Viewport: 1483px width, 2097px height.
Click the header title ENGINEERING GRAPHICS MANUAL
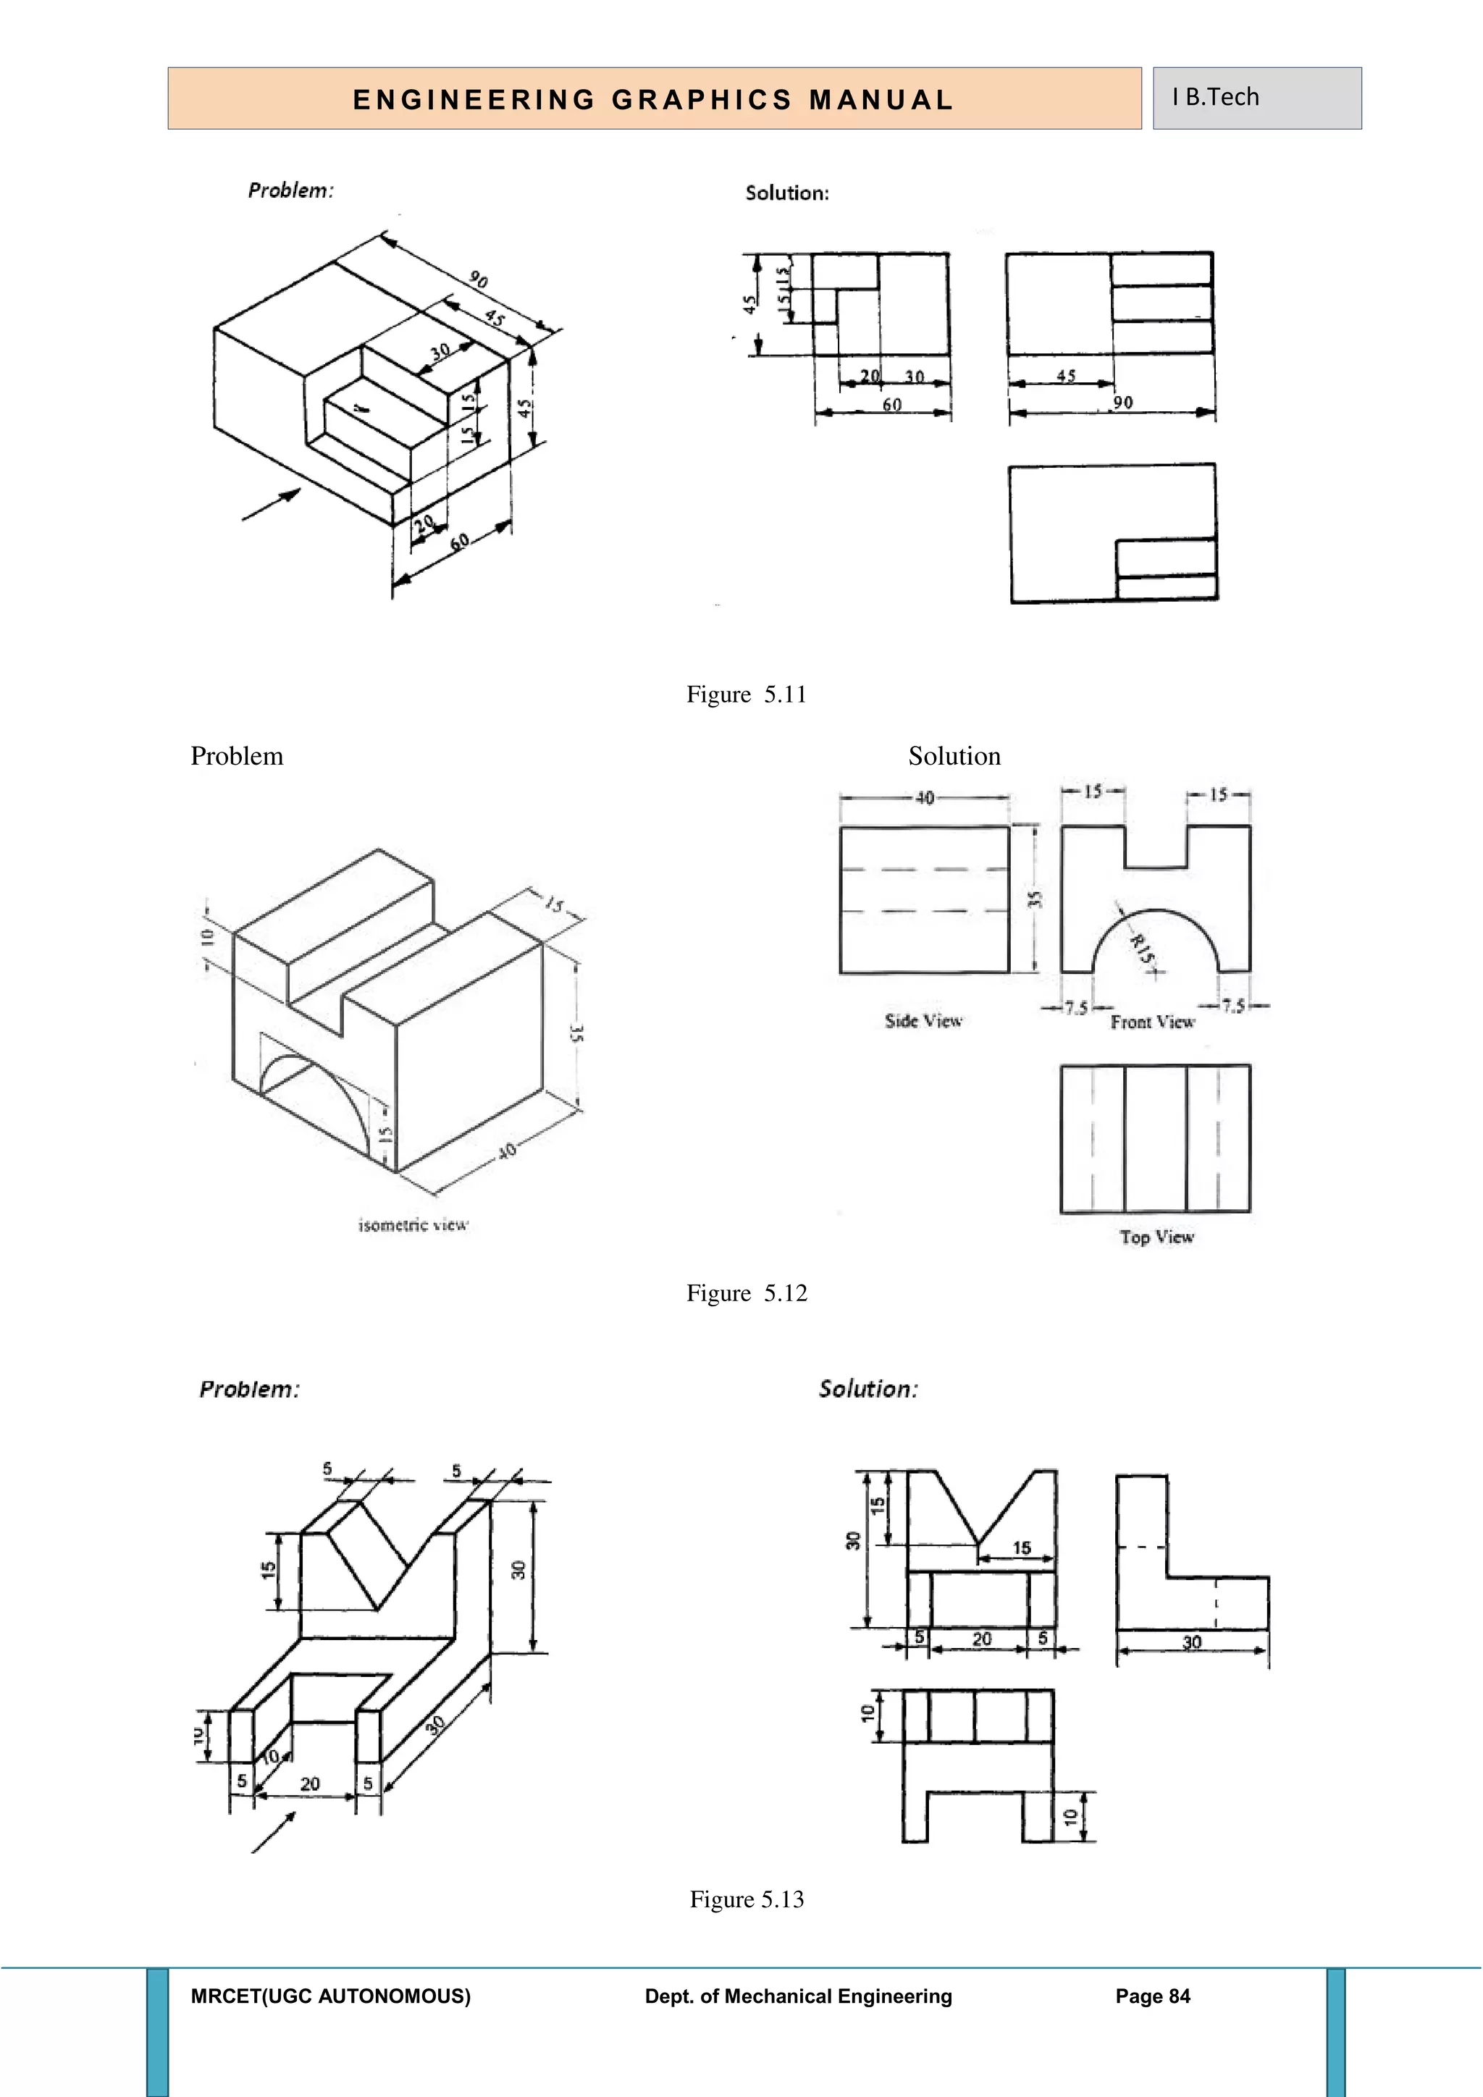pyautogui.click(x=653, y=99)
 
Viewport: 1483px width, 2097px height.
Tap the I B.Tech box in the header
pyautogui.click(x=1256, y=98)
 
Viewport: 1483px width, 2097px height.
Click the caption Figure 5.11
pyautogui.click(x=746, y=695)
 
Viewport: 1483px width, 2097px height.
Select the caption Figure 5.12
pyautogui.click(x=746, y=1293)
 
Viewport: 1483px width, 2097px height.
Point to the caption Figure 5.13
pyautogui.click(x=746, y=1900)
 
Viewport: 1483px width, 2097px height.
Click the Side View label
pyautogui.click(x=923, y=1021)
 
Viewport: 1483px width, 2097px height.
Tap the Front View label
pyautogui.click(x=1152, y=1022)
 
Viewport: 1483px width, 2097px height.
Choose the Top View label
pyautogui.click(x=1156, y=1237)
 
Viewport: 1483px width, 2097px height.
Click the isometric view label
pyautogui.click(x=413, y=1224)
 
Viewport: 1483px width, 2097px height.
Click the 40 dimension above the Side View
pyautogui.click(x=924, y=798)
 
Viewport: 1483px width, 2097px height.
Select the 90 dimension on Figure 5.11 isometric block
pyautogui.click(x=478, y=280)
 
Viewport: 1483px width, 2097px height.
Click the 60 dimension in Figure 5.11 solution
pyautogui.click(x=892, y=405)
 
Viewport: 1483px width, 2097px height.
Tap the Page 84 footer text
pyautogui.click(x=1152, y=1996)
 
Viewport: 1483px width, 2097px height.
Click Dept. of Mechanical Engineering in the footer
pyautogui.click(x=798, y=1996)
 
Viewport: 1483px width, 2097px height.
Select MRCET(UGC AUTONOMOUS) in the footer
pyautogui.click(x=331, y=1996)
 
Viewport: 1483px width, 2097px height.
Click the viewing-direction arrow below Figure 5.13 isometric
pyautogui.click(x=274, y=1832)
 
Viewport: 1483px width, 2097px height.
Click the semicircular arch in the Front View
pyautogui.click(x=1155, y=913)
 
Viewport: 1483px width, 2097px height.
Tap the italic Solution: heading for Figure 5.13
pyautogui.click(x=867, y=1389)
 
